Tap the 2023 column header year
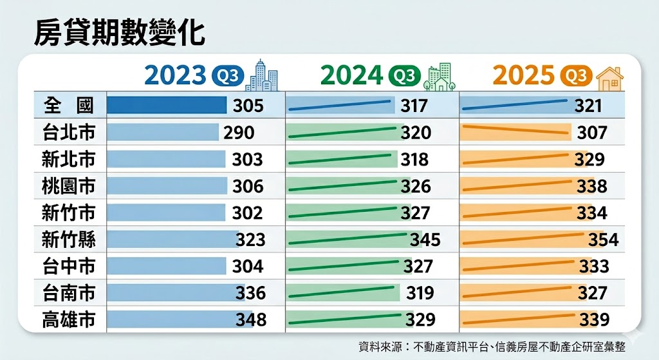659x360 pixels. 174,76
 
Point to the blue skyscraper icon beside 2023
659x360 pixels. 263,75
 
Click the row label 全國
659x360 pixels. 69,105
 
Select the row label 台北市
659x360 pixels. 69,132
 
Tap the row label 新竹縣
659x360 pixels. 69,240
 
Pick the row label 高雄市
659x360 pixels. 69,319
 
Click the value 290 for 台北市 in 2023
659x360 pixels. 239,133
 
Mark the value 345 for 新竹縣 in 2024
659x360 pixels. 425,240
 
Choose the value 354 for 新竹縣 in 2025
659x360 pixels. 603,240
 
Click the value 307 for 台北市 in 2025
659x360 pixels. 592,133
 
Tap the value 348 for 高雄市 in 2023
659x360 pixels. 250,319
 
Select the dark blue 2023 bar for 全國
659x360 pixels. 167,105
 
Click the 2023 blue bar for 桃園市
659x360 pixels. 167,186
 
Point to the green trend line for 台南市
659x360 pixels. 341,292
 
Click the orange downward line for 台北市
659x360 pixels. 516,131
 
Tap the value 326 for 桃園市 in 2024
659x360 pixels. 415,187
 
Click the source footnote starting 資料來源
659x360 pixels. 492,346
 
